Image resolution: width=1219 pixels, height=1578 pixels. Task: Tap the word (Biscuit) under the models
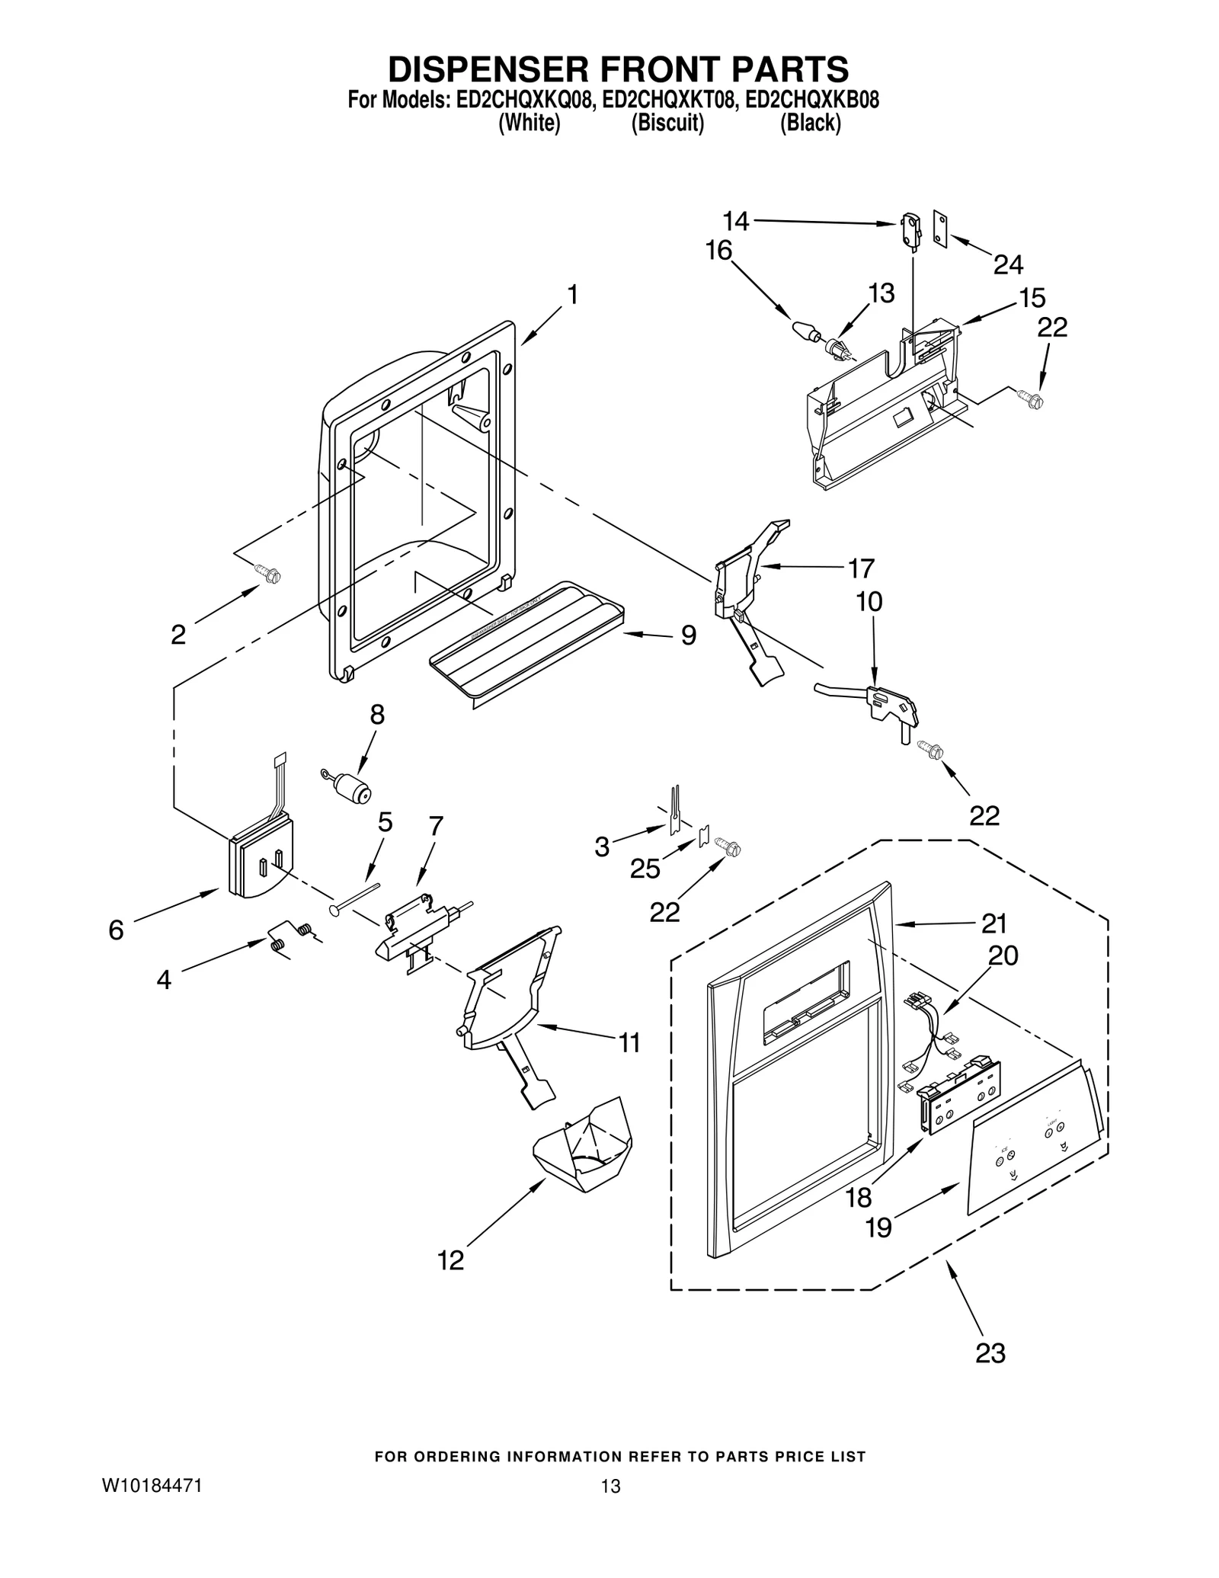click(667, 123)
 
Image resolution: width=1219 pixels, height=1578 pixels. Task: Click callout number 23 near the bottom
click(990, 1352)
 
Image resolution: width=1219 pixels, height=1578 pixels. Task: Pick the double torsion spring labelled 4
click(291, 936)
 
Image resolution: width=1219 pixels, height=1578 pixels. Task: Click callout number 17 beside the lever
click(862, 568)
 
